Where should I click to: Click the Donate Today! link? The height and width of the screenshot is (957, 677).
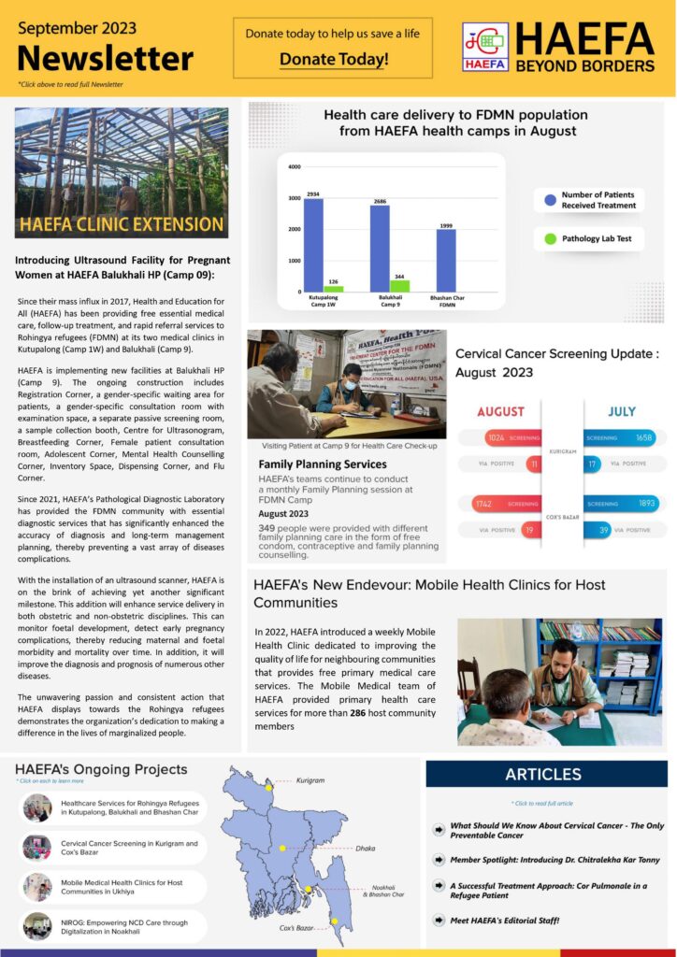coord(333,60)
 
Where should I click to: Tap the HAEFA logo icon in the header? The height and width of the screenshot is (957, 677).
coord(485,47)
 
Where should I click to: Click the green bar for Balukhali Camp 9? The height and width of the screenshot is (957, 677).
coord(399,285)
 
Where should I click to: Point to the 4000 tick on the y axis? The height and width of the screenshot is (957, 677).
coord(295,167)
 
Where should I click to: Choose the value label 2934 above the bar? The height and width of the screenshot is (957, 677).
coord(312,193)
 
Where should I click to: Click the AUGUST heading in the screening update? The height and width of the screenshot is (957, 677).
coord(500,411)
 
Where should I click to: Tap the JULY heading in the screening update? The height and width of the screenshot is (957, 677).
coord(622,411)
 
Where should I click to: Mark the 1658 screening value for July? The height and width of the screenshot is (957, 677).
coord(643,437)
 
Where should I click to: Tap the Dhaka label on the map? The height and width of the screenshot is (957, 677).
coord(365,849)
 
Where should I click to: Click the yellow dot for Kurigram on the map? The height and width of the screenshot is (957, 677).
coord(269,787)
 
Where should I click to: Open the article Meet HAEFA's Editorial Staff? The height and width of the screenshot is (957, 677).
coord(505,919)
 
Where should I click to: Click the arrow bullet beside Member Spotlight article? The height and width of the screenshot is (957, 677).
coord(439,859)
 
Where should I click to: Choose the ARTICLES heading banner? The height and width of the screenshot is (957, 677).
coord(543,774)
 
